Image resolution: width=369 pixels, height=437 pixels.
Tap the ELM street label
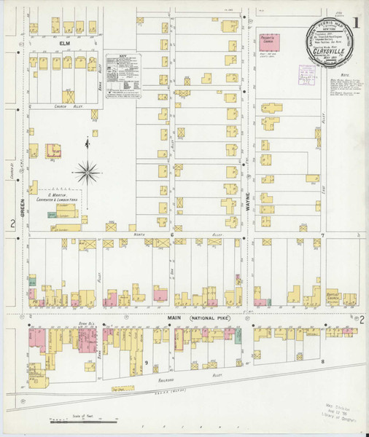pyautogui.click(x=63, y=44)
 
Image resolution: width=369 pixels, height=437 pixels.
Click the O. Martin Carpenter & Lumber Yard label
pyautogui.click(x=63, y=194)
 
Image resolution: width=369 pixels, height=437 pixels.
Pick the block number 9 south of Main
pyautogui.click(x=146, y=363)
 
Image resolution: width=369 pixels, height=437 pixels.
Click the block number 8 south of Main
pyautogui.click(x=322, y=361)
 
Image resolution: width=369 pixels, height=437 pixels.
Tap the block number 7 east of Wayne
pyautogui.click(x=322, y=236)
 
